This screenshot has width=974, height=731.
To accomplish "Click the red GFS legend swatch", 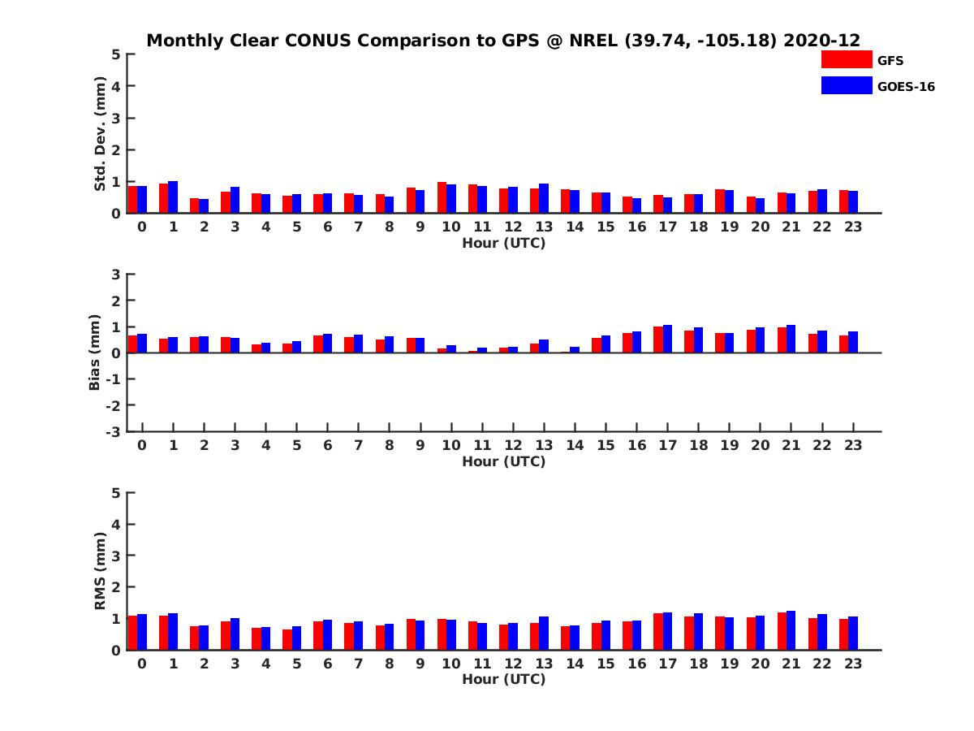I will (846, 60).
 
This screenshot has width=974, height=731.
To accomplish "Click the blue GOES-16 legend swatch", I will (846, 85).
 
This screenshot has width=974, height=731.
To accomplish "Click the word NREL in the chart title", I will (593, 41).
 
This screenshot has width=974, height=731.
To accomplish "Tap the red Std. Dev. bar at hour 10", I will (442, 197).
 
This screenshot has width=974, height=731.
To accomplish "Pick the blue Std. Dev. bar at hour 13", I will (544, 198).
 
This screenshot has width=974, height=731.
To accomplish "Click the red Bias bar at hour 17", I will (658, 340).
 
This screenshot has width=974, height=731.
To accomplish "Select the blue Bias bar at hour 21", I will (791, 339).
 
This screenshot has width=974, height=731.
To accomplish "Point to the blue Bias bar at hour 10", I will (451, 349).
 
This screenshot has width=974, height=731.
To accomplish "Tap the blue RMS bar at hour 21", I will (791, 630).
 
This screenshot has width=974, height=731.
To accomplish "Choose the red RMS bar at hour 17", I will (658, 631).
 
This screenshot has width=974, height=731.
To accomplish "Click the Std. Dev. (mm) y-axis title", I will (100, 134).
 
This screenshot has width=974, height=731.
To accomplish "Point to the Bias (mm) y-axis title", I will (95, 353).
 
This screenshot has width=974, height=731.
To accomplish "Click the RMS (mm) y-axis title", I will (100, 571).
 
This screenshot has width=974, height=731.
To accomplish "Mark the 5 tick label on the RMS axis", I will (117, 492).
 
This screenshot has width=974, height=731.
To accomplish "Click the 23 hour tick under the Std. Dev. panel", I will (853, 227).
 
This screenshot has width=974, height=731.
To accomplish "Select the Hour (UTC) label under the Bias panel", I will (503, 461).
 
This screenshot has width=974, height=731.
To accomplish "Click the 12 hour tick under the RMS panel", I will (513, 664).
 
